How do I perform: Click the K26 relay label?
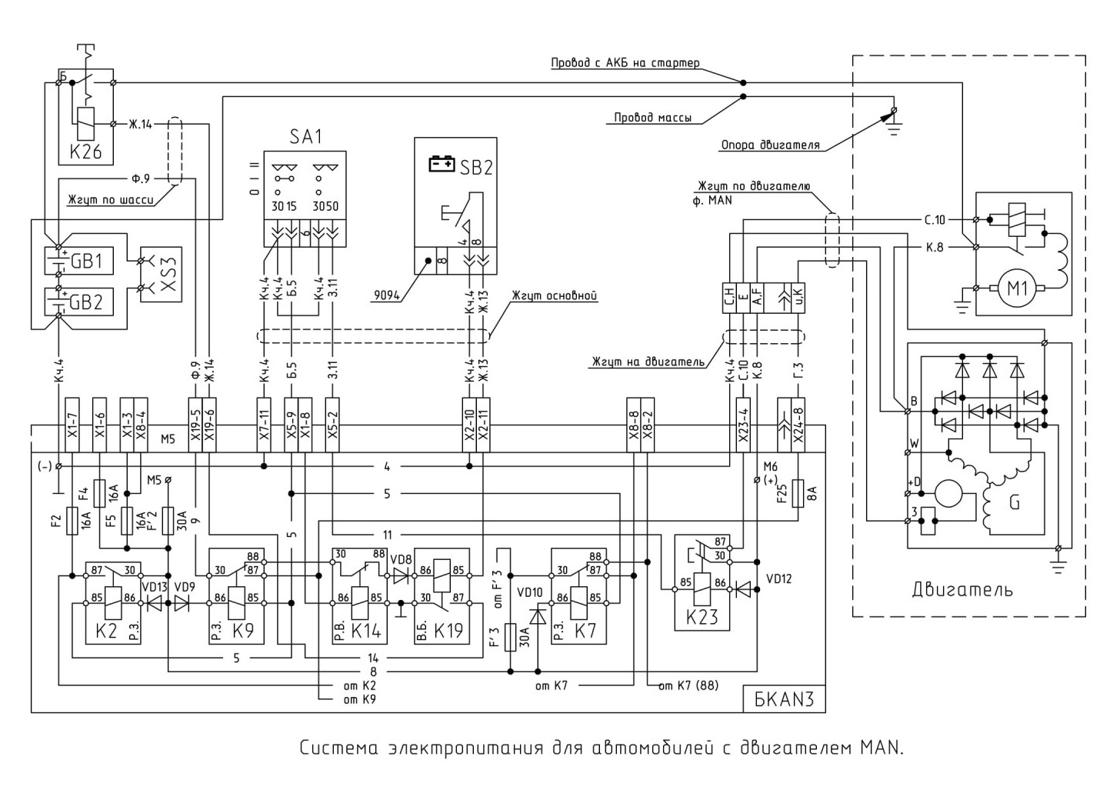point(85,152)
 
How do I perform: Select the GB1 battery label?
point(87,261)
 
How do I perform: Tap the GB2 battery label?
point(87,302)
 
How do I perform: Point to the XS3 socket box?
point(161,274)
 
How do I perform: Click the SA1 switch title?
point(305,137)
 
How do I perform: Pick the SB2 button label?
point(476,168)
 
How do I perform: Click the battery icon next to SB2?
point(442,164)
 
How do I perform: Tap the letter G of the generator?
point(1015,504)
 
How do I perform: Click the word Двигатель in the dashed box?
point(962,590)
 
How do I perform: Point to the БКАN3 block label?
point(784,699)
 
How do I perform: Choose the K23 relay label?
point(702,618)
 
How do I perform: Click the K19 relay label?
point(448,631)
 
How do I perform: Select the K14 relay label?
point(366,631)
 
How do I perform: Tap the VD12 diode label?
point(780,578)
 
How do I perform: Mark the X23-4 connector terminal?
point(743,425)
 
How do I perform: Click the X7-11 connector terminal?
point(264,425)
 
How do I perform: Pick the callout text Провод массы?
point(652,118)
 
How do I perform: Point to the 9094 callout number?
point(386,295)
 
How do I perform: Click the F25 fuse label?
point(782,494)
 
